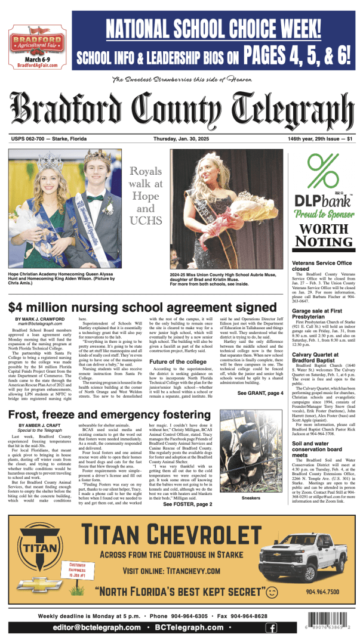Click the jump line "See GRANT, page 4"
260,376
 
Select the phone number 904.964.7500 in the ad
322,592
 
